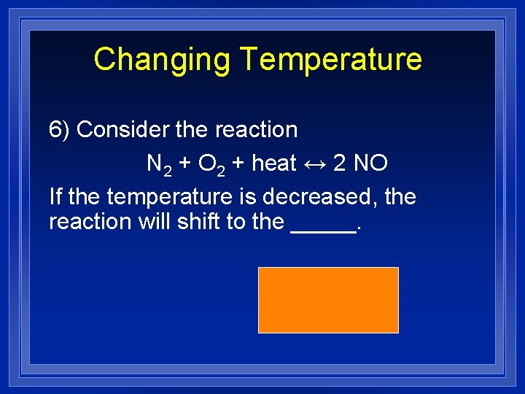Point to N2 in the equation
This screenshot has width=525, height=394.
point(159,164)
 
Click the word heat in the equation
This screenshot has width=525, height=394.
point(273,163)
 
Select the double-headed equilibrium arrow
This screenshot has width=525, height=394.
point(314,163)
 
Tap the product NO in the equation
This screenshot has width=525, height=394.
point(370,163)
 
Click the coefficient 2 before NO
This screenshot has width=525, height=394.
point(339,163)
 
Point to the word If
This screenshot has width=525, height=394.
point(55,197)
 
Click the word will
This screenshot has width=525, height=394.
point(155,222)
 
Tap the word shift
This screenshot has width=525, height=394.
point(199,222)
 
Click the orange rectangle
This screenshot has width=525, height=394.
point(328,300)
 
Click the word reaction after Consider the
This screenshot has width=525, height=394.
point(256,130)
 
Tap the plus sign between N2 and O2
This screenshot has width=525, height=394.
point(184,164)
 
